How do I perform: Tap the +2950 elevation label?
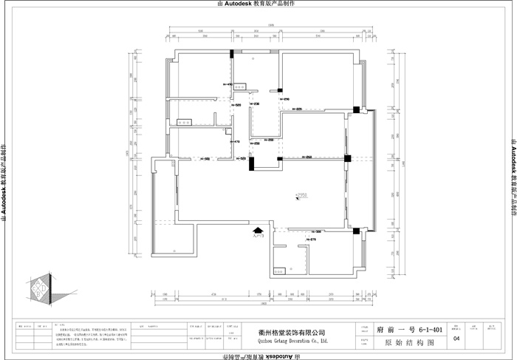click(301, 196)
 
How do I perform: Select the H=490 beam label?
click(227, 85)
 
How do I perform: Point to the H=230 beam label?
click(256, 103)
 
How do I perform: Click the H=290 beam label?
click(284, 99)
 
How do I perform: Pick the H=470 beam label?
click(235, 141)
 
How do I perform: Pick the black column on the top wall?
click(233, 53)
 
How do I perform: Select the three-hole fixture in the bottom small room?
click(278, 270)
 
